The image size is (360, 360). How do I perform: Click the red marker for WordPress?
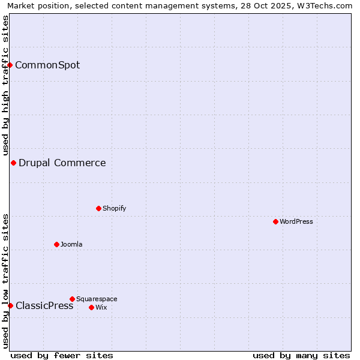[275, 221]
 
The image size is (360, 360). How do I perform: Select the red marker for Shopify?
[98, 208]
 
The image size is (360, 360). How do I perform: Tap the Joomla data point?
[56, 244]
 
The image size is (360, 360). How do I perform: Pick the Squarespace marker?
[72, 299]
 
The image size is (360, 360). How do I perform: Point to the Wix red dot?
[91, 307]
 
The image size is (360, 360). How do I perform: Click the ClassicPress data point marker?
[10, 305]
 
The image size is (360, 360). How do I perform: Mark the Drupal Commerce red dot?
[13, 163]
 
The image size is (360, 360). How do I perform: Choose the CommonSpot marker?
[10, 65]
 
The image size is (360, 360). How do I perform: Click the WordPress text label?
[296, 221]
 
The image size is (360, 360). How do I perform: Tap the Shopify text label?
[114, 208]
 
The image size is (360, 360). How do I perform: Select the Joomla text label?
[71, 244]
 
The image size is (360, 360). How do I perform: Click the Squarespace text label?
[97, 299]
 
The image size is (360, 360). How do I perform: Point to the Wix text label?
[101, 307]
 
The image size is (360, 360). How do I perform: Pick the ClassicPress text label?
[44, 305]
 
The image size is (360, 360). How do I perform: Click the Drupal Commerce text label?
[62, 163]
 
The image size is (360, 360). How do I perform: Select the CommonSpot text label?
[47, 65]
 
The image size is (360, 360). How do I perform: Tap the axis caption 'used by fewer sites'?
[62, 355]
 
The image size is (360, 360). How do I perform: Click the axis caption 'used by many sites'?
[301, 355]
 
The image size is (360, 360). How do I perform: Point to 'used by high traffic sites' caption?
[5, 85]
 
